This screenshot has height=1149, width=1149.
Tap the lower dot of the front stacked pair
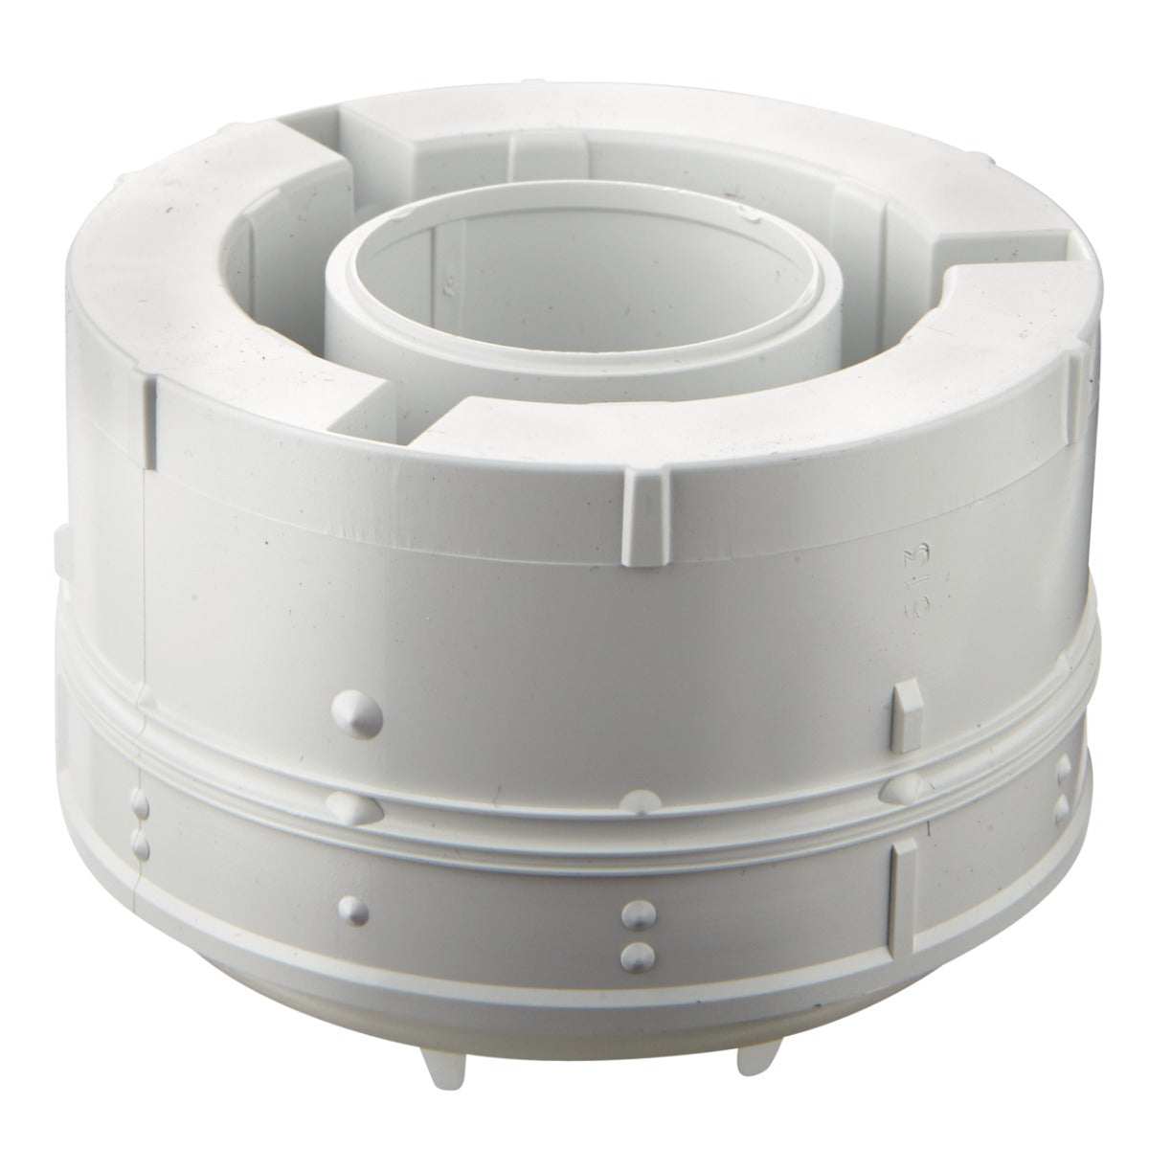click(634, 954)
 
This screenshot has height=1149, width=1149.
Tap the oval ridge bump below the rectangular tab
click(902, 787)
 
